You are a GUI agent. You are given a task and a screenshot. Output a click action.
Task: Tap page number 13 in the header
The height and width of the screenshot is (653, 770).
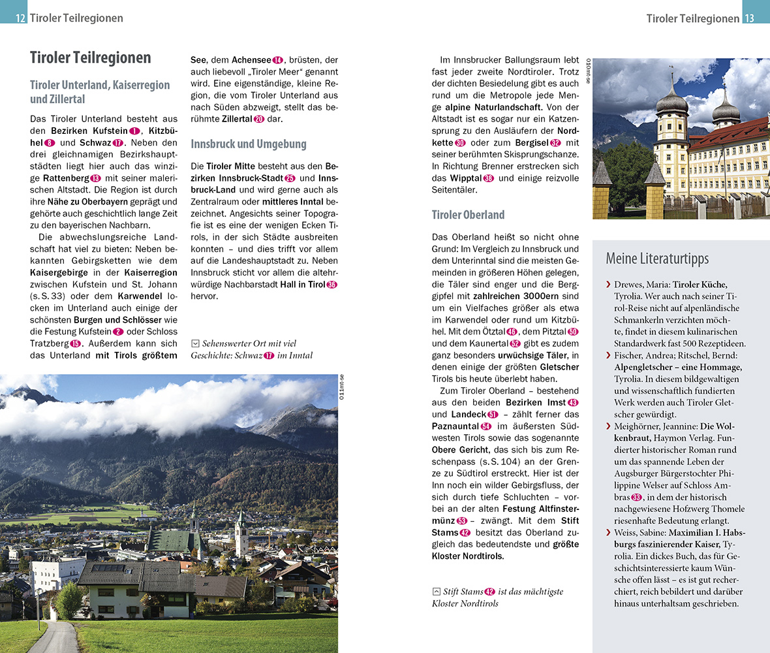(749, 18)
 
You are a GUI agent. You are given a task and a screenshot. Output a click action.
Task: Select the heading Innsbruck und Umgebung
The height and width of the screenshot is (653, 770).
(249, 144)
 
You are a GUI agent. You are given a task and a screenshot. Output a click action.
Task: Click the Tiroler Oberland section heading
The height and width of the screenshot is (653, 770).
(468, 214)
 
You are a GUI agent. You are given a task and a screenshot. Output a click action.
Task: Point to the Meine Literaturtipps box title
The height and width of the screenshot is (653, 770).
(657, 258)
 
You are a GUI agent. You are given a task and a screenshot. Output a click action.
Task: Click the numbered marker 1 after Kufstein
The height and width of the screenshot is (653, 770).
(134, 131)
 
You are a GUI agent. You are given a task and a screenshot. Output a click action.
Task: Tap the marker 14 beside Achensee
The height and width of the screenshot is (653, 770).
(277, 60)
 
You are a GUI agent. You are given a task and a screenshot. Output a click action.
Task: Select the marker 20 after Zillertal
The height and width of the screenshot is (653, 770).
(258, 119)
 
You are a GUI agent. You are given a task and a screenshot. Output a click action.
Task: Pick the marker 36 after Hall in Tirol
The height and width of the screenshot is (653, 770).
(331, 284)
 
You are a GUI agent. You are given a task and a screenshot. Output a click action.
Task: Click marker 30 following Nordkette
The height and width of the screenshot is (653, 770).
(460, 143)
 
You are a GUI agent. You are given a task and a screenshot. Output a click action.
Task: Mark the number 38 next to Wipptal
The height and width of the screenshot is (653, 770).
(488, 178)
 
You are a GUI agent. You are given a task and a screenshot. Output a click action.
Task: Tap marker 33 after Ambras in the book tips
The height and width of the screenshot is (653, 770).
(637, 497)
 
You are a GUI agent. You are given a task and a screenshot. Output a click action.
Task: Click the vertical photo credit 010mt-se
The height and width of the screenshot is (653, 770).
(588, 71)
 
